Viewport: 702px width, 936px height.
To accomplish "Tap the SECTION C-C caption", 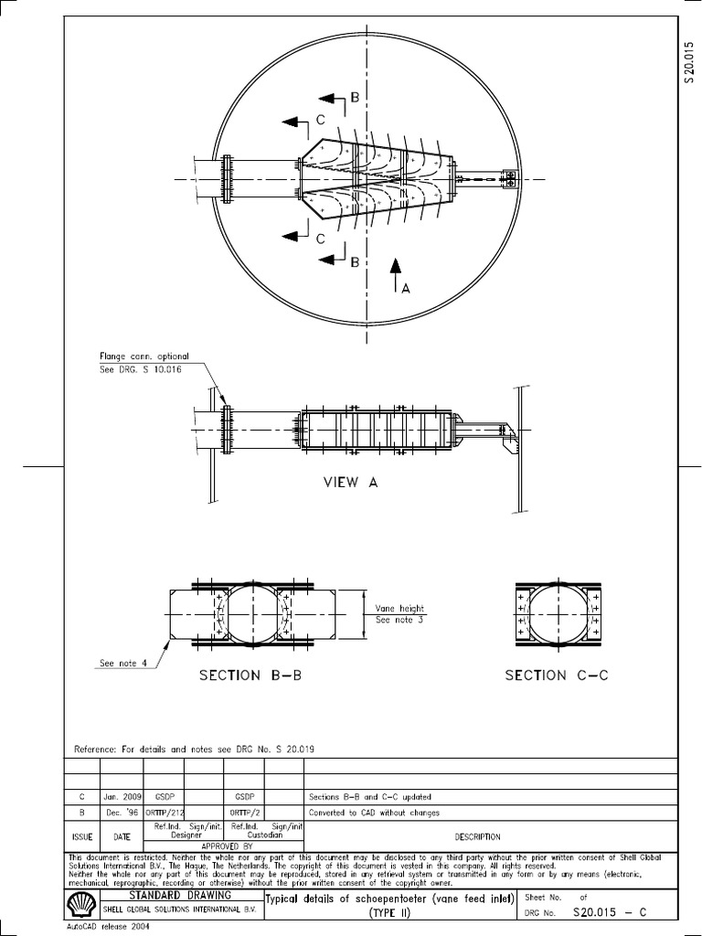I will pos(557,675).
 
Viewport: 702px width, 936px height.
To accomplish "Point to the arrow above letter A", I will pos(395,271).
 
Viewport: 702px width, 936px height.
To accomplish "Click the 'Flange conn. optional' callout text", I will pos(144,356).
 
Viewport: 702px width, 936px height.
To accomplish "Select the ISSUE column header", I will pos(82,836).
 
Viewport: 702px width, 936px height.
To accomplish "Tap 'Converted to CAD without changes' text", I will pos(375,813).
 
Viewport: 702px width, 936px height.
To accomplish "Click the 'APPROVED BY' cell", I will pos(206,846).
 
